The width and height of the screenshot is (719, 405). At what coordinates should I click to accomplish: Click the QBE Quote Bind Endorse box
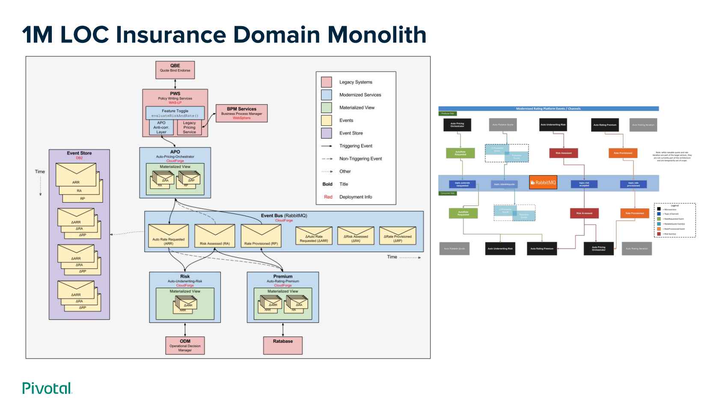coord(175,70)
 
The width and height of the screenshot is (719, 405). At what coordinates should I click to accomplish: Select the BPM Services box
coord(241,113)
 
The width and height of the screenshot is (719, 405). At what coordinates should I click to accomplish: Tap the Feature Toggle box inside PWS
coord(175,113)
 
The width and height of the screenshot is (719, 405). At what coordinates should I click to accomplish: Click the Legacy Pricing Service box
coord(189,128)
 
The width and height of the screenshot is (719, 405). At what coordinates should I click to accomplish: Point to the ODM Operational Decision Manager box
coord(185,345)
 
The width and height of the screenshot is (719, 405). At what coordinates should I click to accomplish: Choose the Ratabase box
coord(283,345)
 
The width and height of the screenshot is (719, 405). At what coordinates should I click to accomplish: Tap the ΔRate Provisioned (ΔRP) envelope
coord(398,236)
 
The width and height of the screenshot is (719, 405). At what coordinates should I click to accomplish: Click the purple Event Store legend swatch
coord(327,133)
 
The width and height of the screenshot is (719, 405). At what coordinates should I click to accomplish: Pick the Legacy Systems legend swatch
coord(327,82)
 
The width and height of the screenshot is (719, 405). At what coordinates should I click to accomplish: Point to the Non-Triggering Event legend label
coord(360,159)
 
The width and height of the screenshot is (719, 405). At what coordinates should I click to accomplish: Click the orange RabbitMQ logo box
coord(543,183)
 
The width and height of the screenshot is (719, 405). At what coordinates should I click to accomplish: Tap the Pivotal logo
coord(47,388)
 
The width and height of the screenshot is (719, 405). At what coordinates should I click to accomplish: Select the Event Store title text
coord(79,153)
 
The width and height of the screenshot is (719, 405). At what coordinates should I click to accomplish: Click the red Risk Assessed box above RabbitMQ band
coord(563,153)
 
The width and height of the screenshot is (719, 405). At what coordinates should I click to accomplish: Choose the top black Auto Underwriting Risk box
coord(553,125)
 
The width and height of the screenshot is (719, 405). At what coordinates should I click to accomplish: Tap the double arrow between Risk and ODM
coord(185,329)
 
